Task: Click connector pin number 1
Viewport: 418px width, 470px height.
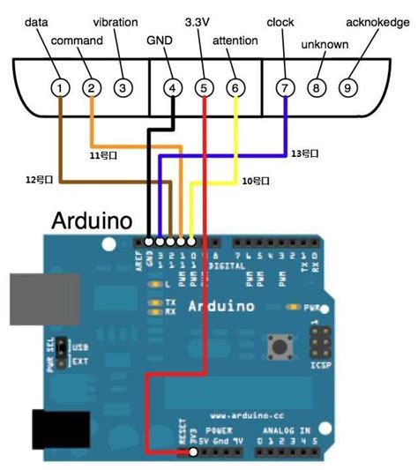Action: coord(59,87)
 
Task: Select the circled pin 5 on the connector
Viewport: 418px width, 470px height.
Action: coord(204,87)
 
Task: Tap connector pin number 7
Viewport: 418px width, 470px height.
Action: coord(284,87)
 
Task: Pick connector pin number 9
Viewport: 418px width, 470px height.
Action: coord(349,87)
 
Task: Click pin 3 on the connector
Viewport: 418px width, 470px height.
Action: coord(123,87)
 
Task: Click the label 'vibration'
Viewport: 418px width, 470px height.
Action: coord(115,20)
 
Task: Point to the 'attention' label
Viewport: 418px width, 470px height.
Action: coord(235,40)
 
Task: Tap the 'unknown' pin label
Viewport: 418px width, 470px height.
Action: coord(325,43)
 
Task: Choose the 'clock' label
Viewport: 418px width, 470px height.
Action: coord(281,20)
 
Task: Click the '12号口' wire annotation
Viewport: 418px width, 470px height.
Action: coord(40,179)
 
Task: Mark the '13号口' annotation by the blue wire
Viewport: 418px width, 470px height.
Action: coord(304,153)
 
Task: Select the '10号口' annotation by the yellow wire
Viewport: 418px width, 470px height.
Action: coord(255,181)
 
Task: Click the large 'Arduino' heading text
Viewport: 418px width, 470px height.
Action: coord(93,220)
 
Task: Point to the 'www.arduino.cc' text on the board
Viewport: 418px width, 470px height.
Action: coord(240,414)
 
